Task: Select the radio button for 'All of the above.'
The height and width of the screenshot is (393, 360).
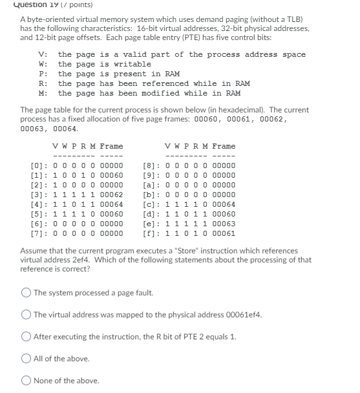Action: [26, 358]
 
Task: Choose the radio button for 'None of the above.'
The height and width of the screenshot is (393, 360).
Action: [26, 380]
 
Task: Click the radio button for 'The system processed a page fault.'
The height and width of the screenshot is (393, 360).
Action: [26, 293]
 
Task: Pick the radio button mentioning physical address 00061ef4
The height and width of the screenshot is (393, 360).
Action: [26, 315]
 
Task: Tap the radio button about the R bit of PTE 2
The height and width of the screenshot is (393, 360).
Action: [26, 337]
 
